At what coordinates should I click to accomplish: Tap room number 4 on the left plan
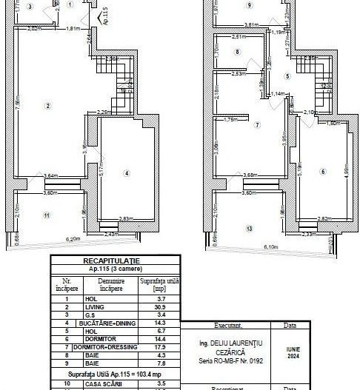click(127, 173)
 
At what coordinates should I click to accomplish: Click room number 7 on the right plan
click(257, 126)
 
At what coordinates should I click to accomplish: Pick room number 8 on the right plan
click(236, 53)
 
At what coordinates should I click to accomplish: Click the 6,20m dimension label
click(73, 240)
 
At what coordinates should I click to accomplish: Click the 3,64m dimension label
click(50, 175)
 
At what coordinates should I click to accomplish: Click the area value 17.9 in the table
click(160, 347)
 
